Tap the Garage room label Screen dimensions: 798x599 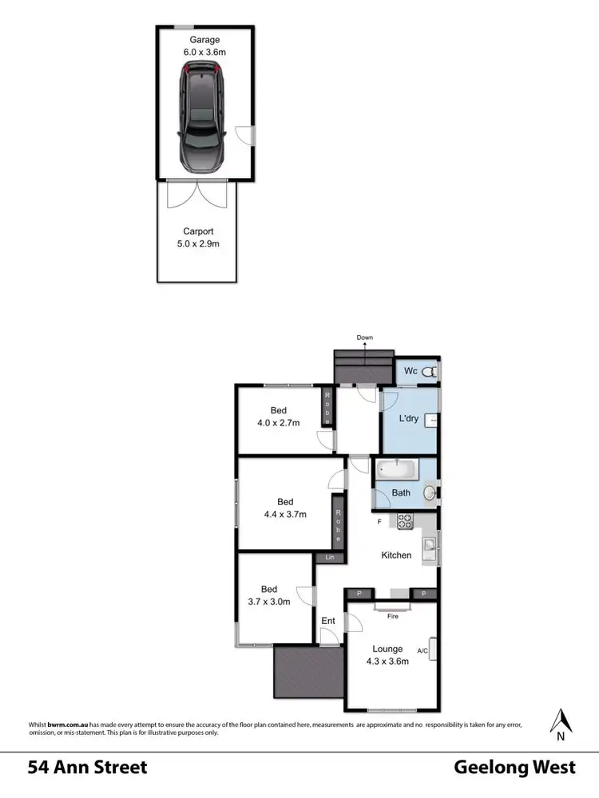pos(204,40)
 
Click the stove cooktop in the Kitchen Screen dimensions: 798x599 pos(404,523)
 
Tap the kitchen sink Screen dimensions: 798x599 pos(430,547)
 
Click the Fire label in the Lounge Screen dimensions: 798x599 pos(392,616)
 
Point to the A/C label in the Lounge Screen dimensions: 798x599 pos(422,650)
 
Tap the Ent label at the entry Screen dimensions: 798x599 pos(328,620)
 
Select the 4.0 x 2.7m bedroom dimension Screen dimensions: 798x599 pos(278,423)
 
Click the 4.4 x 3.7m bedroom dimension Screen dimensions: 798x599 pos(285,514)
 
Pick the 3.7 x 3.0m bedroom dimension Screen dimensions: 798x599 pos(268,602)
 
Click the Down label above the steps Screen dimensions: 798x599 pos(365,338)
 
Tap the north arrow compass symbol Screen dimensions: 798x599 pos(561,722)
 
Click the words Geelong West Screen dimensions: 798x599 pos(514,768)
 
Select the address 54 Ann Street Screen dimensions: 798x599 pos(88,768)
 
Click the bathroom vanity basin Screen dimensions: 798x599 pos(430,492)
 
